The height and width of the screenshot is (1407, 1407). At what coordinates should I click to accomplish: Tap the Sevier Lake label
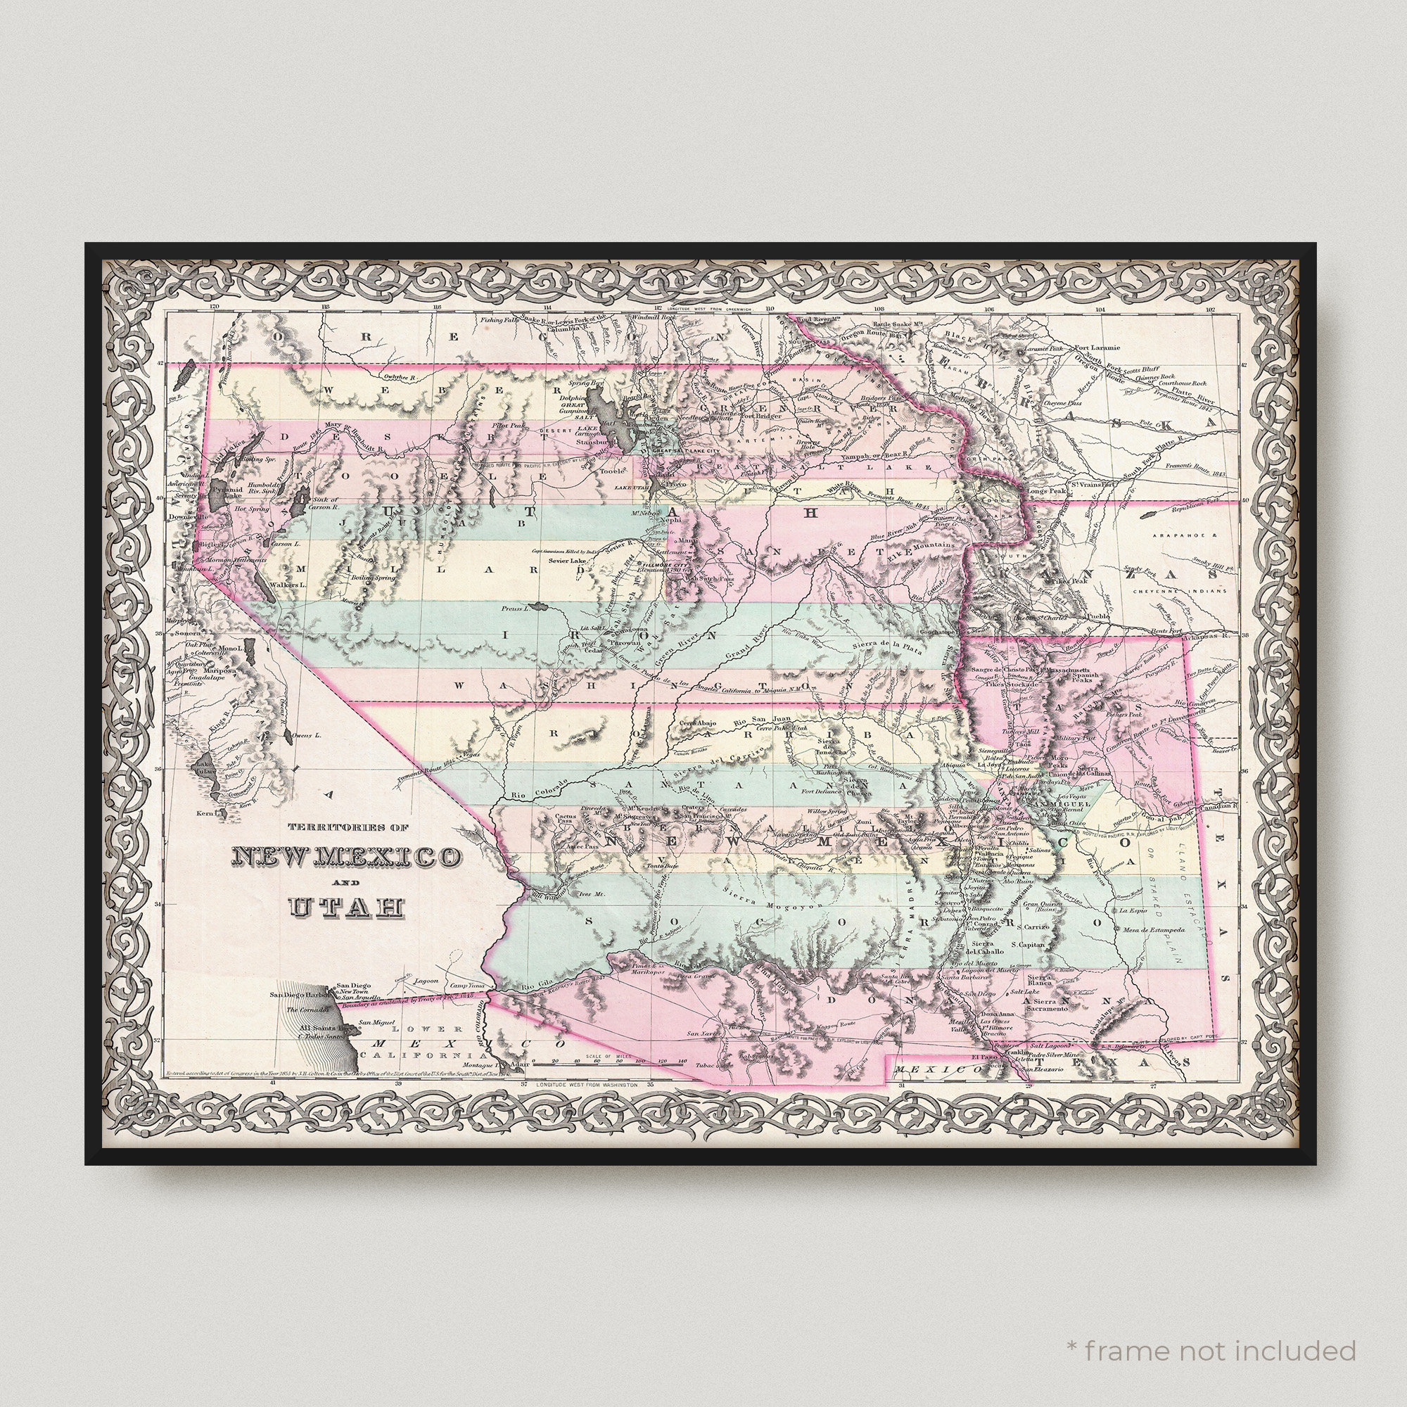point(567,562)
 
